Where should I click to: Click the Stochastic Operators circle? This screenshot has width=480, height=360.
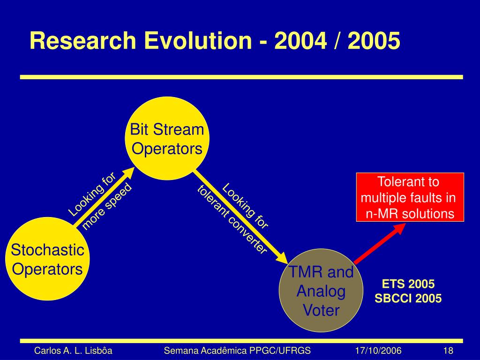[x=47, y=259]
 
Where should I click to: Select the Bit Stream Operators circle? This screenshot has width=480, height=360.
[x=167, y=138]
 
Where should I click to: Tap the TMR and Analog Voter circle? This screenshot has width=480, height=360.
[x=321, y=291]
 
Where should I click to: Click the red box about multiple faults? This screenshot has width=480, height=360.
[x=410, y=197]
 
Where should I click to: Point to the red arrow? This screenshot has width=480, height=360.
[x=380, y=243]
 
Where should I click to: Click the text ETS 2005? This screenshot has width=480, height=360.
[x=408, y=284]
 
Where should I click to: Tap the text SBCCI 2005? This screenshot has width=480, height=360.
[x=408, y=298]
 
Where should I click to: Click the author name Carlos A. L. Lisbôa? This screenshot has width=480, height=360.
[x=73, y=351]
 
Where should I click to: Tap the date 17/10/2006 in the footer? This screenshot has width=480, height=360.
[x=378, y=351]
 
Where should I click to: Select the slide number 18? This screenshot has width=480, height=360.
[x=448, y=351]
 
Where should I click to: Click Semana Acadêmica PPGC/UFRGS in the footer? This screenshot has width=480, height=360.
[x=237, y=351]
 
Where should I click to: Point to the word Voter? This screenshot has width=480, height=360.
[x=321, y=310]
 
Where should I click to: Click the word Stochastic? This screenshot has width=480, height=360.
[x=47, y=249]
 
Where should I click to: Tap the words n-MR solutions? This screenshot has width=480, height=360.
[x=410, y=214]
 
